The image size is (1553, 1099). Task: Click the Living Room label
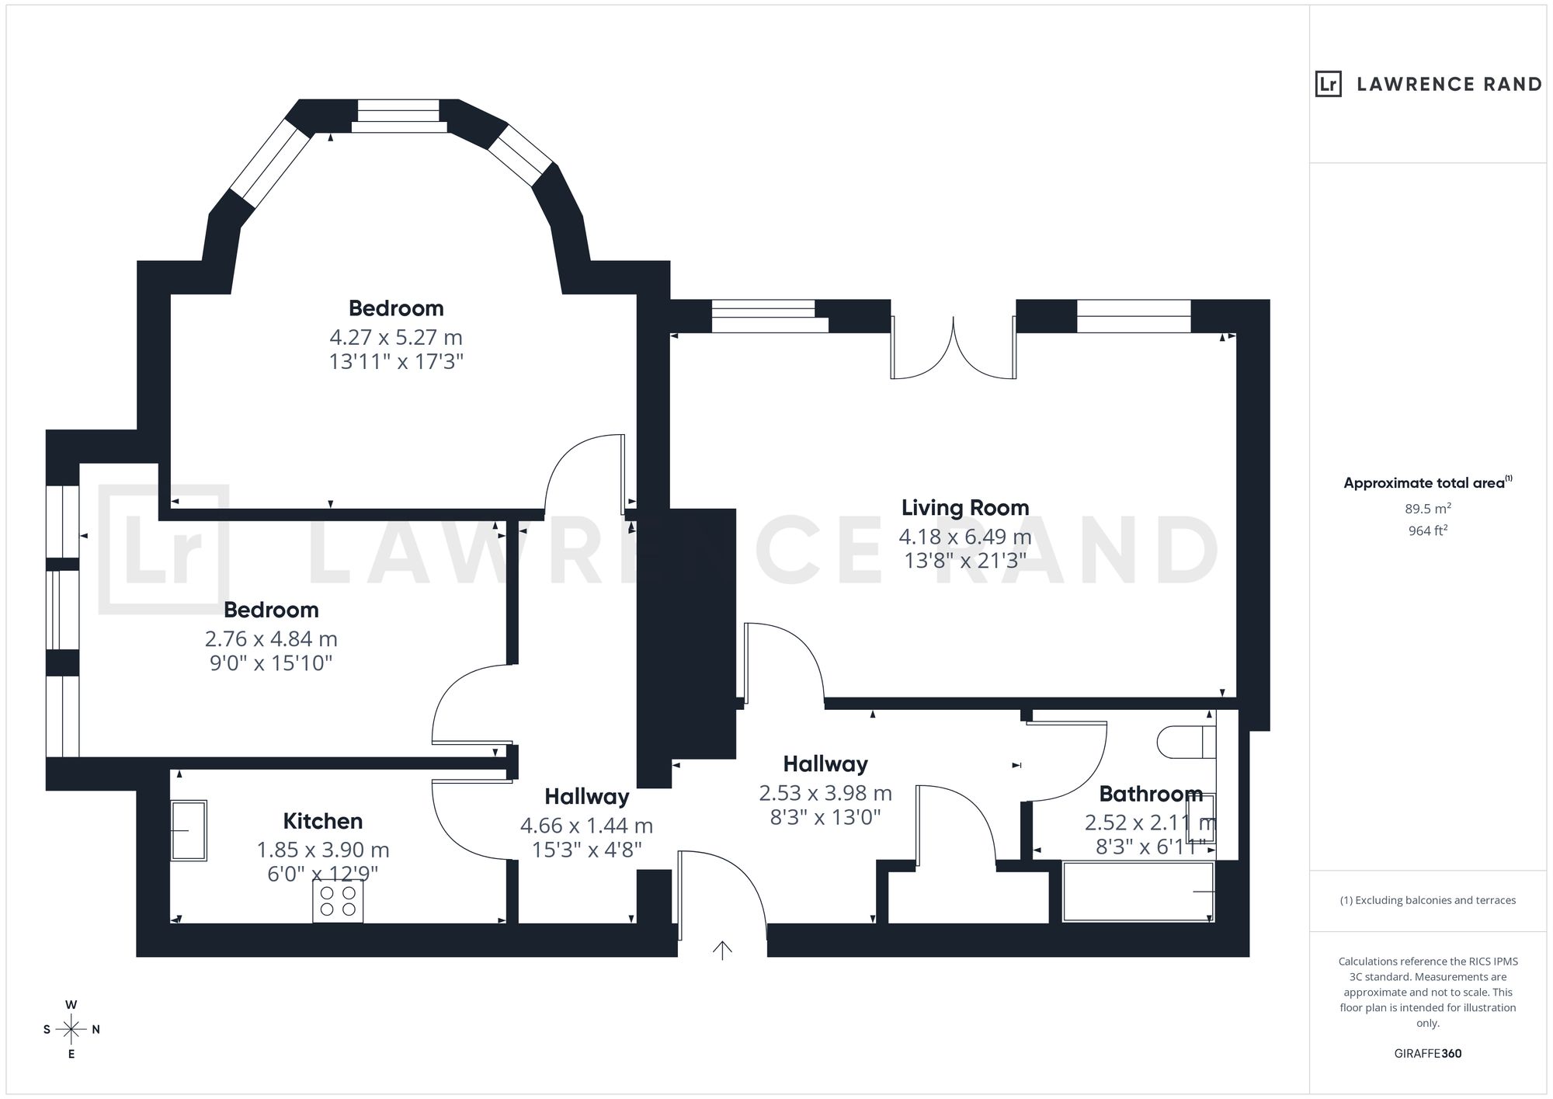click(965, 508)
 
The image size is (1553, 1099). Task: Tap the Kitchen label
click(322, 821)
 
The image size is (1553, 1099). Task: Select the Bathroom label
click(1151, 794)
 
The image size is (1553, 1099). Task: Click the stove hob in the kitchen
click(338, 903)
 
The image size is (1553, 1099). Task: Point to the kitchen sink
click(189, 831)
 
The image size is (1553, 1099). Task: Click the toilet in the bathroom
click(1186, 742)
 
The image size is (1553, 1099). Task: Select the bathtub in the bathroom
click(1138, 892)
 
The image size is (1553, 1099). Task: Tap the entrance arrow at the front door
click(722, 950)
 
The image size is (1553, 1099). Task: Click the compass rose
click(71, 1030)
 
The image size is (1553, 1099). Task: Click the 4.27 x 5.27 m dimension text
click(396, 338)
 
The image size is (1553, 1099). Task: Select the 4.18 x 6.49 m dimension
click(965, 537)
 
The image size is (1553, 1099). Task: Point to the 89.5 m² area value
click(1428, 509)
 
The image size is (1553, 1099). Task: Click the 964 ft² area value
click(1428, 531)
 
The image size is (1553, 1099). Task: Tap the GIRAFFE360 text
click(1428, 1054)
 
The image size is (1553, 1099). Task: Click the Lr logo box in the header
click(1329, 84)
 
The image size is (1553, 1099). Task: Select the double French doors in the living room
click(954, 347)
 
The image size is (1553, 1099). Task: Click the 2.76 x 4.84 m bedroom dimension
click(271, 639)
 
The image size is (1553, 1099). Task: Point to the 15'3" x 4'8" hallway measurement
click(587, 850)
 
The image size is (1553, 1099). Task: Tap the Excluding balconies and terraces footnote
click(1428, 901)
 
